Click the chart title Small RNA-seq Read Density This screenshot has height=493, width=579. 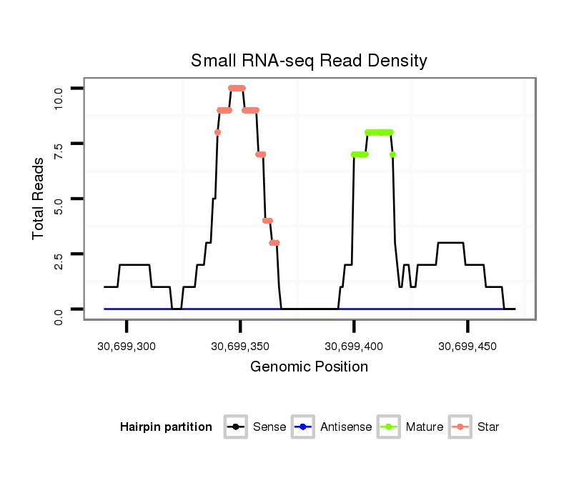point(309,61)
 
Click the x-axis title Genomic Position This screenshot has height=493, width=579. point(309,367)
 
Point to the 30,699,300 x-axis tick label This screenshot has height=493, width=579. point(127,347)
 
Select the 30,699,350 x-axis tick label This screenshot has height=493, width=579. point(240,347)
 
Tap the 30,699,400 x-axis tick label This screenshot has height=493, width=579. point(354,347)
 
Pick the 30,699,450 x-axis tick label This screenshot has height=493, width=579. point(467,347)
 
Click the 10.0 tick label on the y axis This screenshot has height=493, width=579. point(59,89)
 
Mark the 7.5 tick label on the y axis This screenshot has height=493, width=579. point(59,144)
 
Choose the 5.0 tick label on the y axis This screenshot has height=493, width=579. point(59,199)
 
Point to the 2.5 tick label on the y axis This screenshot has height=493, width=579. point(59,254)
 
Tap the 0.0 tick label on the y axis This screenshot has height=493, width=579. point(59,309)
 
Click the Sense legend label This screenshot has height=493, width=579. point(269,427)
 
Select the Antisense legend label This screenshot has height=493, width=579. point(346,427)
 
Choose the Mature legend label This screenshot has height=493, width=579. point(425,427)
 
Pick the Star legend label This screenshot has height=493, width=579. point(488,427)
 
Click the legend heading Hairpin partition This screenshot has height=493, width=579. point(166,427)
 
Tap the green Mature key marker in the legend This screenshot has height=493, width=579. point(391,427)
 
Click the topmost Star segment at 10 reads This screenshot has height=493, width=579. point(237,88)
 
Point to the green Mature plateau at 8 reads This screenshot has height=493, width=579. point(379,132)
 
